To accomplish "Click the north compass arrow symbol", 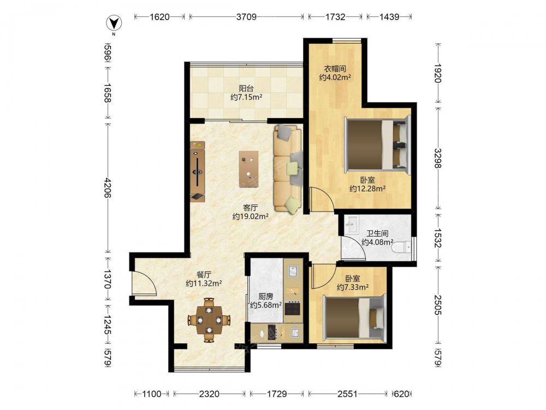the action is click(x=114, y=24).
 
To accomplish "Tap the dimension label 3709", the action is click(x=246, y=17).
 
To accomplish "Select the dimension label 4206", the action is click(x=108, y=188).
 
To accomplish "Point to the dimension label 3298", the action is click(x=438, y=158).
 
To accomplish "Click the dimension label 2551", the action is click(x=347, y=394).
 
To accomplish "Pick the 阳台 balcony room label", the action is click(x=246, y=89).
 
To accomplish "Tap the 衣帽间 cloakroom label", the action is click(x=335, y=69).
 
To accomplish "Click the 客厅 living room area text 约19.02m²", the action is click(x=251, y=216).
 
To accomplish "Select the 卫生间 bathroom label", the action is click(x=377, y=233).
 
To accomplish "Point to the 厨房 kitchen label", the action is click(x=266, y=296).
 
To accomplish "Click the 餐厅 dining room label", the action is click(x=204, y=275).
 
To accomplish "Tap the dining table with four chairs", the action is click(x=209, y=320).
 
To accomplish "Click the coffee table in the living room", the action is click(x=248, y=169).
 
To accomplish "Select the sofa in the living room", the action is click(x=288, y=168).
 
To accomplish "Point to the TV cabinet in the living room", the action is click(x=198, y=171).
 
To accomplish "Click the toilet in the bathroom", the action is click(x=401, y=247).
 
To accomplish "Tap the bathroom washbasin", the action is click(x=351, y=224).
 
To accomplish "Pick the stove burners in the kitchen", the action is click(x=292, y=308).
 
